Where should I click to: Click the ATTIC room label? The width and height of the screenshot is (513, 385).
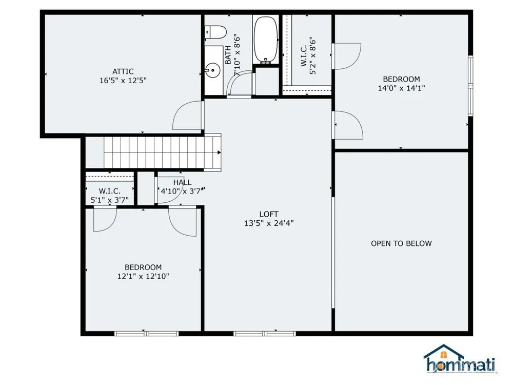(123, 71)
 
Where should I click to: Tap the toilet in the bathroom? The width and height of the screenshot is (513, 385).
(215, 32)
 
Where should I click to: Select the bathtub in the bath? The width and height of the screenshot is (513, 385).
(266, 40)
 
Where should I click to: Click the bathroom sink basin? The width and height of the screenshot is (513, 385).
(212, 69)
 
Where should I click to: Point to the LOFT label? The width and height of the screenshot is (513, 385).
(269, 214)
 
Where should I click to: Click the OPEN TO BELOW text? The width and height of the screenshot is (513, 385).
(401, 243)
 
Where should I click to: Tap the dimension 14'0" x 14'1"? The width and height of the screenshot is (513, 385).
(402, 88)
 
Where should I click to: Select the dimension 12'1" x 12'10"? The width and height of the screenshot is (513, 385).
(143, 276)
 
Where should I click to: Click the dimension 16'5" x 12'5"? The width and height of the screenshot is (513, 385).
(123, 81)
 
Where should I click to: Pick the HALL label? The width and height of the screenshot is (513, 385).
(182, 182)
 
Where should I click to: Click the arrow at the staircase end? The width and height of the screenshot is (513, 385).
(219, 152)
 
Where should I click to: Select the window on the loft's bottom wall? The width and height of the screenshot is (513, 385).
(264, 334)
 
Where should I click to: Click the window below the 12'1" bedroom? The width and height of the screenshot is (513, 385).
(146, 334)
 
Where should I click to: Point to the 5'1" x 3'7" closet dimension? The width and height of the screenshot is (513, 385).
(110, 200)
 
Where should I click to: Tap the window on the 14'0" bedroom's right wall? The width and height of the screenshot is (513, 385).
(470, 86)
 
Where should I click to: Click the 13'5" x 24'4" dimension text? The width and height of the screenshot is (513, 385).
(269, 223)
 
